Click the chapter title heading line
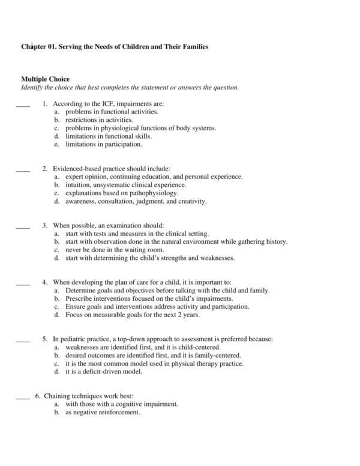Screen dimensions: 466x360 (x=115, y=46)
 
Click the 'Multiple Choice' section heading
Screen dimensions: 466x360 (x=45, y=79)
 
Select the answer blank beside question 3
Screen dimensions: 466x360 (x=22, y=227)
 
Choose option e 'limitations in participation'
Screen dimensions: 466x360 (x=104, y=144)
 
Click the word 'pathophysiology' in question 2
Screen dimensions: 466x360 (x=157, y=193)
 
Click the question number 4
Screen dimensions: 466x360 (x=45, y=282)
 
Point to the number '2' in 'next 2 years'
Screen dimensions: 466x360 (x=179, y=315)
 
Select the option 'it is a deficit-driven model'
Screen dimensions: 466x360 (x=103, y=372)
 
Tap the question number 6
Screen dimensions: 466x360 (x=37, y=396)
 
